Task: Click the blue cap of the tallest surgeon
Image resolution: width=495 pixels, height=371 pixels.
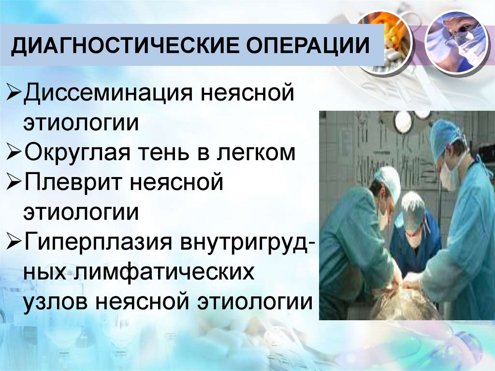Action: click(445, 135)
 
